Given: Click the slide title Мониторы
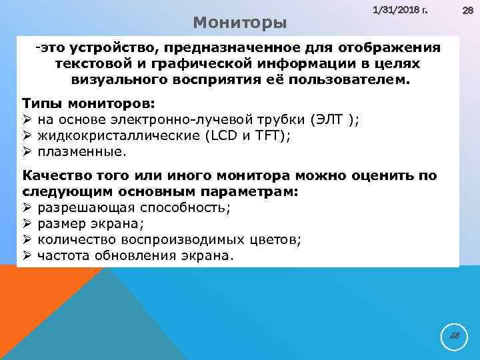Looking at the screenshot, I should click(240, 23).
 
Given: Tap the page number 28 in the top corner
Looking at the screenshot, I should click(467, 11).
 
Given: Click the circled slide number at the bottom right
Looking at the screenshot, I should click(454, 337).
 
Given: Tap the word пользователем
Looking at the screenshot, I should click(353, 79).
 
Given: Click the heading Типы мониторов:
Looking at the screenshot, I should click(88, 105).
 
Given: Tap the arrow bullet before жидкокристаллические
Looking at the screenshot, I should click(27, 135).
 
